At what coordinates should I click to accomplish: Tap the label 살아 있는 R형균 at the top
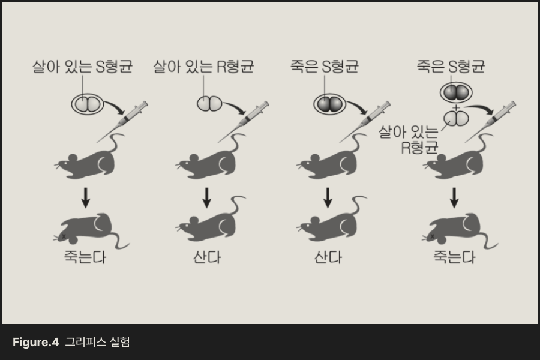point(203,66)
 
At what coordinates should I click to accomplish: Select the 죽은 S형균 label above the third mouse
point(324,66)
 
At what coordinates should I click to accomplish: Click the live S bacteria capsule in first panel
point(88,104)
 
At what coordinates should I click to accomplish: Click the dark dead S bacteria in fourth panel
point(457,92)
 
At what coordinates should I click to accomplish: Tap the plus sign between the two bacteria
point(457,108)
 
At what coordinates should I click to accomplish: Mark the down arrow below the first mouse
point(86,197)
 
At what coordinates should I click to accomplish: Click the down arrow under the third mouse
point(328,197)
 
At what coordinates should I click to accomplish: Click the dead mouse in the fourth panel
point(459,231)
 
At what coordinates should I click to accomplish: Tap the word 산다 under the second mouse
point(207,257)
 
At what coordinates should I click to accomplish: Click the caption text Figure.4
point(35,343)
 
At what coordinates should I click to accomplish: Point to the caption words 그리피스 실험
point(97,343)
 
